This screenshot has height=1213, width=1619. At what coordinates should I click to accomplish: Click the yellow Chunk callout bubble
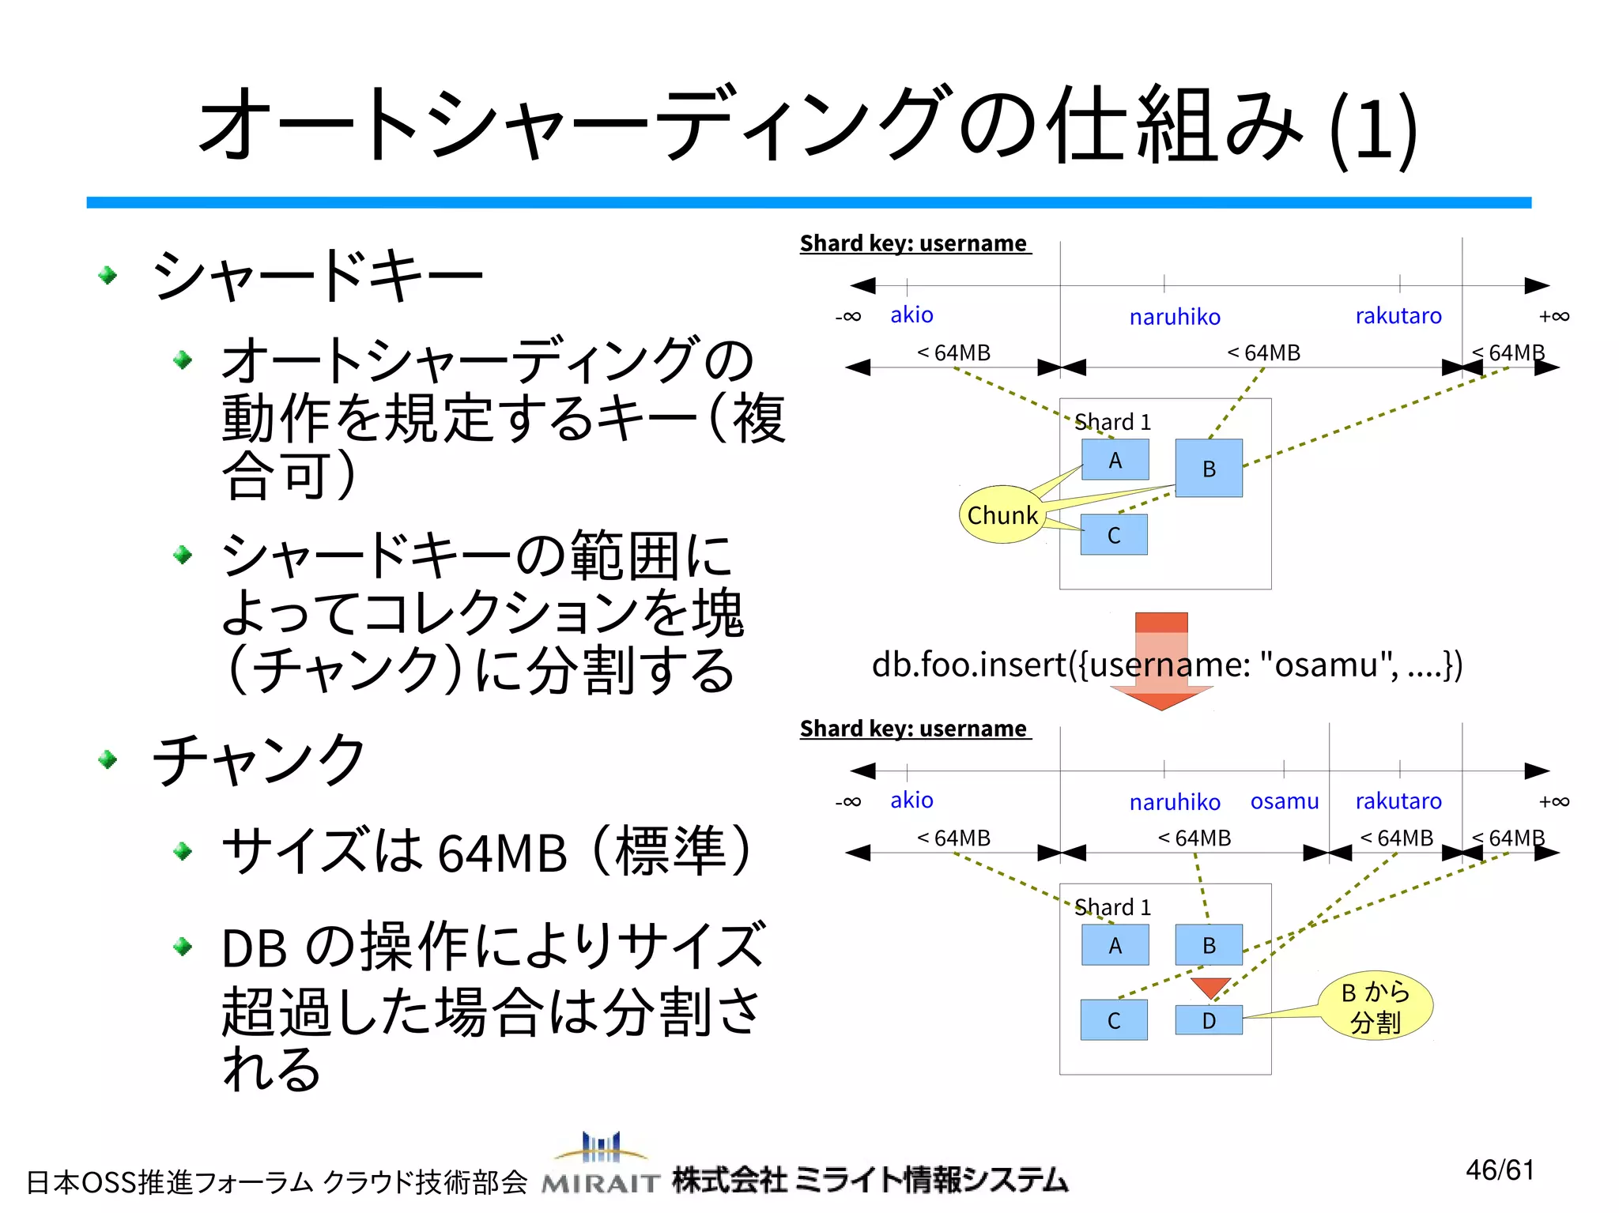1002,514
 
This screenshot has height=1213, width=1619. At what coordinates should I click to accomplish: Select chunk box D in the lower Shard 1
1208,1020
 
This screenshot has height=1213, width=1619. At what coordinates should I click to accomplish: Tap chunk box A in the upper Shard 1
1115,460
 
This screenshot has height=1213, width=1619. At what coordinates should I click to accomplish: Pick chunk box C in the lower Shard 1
1114,1020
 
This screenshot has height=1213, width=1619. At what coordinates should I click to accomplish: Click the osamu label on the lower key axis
1284,801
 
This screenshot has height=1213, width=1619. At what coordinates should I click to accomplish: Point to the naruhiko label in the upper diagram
1175,317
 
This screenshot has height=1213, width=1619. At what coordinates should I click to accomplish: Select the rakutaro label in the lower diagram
1398,801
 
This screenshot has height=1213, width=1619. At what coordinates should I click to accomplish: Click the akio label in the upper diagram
911,315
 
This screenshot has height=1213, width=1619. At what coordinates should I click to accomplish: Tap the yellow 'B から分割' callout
1376,1006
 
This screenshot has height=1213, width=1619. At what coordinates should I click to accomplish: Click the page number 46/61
1500,1170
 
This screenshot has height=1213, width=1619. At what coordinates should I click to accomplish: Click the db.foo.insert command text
1167,665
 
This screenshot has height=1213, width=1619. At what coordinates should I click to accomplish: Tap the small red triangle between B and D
1210,987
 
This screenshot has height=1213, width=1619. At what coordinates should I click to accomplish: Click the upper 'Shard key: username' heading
914,243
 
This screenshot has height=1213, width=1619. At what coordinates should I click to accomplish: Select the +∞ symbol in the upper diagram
1553,316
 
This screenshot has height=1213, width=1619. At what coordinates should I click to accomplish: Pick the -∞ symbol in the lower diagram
848,801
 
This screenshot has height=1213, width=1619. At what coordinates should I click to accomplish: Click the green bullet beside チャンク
108,759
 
